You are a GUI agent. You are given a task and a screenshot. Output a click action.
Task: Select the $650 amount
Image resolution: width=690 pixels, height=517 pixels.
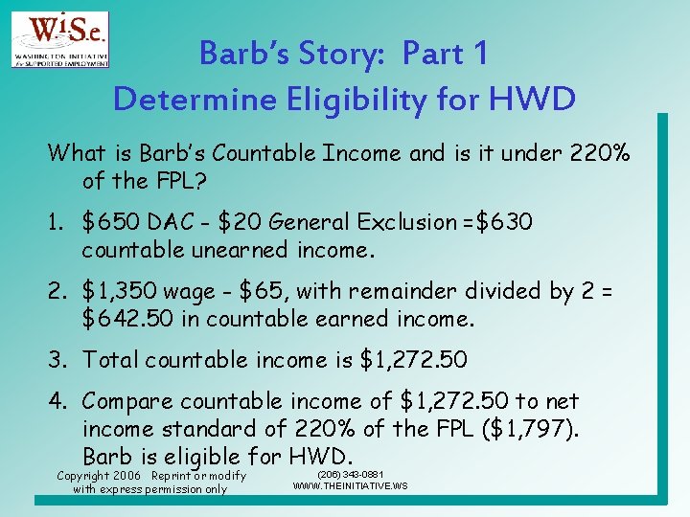click(112, 223)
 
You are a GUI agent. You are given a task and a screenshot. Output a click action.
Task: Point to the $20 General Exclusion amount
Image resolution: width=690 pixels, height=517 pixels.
click(229, 223)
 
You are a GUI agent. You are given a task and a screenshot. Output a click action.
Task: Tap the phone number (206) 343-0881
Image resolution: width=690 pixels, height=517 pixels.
click(350, 473)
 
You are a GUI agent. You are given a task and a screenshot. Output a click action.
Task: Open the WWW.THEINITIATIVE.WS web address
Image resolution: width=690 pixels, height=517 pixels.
click(350, 485)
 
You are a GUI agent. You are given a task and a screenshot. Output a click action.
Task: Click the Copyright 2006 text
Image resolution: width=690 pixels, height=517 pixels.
click(99, 476)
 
